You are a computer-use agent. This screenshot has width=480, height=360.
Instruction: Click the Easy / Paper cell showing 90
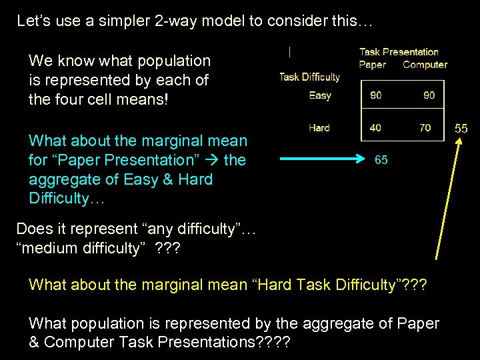(376, 95)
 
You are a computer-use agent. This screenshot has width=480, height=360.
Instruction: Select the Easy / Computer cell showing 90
(429, 95)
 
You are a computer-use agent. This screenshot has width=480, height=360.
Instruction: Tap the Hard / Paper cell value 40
(376, 127)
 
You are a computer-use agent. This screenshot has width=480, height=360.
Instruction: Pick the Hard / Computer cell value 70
(425, 127)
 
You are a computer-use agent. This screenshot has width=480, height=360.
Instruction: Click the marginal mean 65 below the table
(381, 160)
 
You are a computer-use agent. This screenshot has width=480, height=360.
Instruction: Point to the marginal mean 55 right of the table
(461, 128)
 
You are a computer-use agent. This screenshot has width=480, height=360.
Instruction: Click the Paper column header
(372, 65)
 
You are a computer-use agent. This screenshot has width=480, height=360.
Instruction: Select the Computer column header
(425, 65)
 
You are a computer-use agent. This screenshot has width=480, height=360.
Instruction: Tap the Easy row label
(320, 95)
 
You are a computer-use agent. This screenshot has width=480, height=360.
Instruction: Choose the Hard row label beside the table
(319, 127)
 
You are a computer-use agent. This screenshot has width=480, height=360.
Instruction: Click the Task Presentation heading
(399, 52)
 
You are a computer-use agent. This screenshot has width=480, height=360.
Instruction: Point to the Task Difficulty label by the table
(309, 77)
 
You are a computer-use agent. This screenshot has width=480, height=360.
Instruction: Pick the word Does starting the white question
(33, 229)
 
